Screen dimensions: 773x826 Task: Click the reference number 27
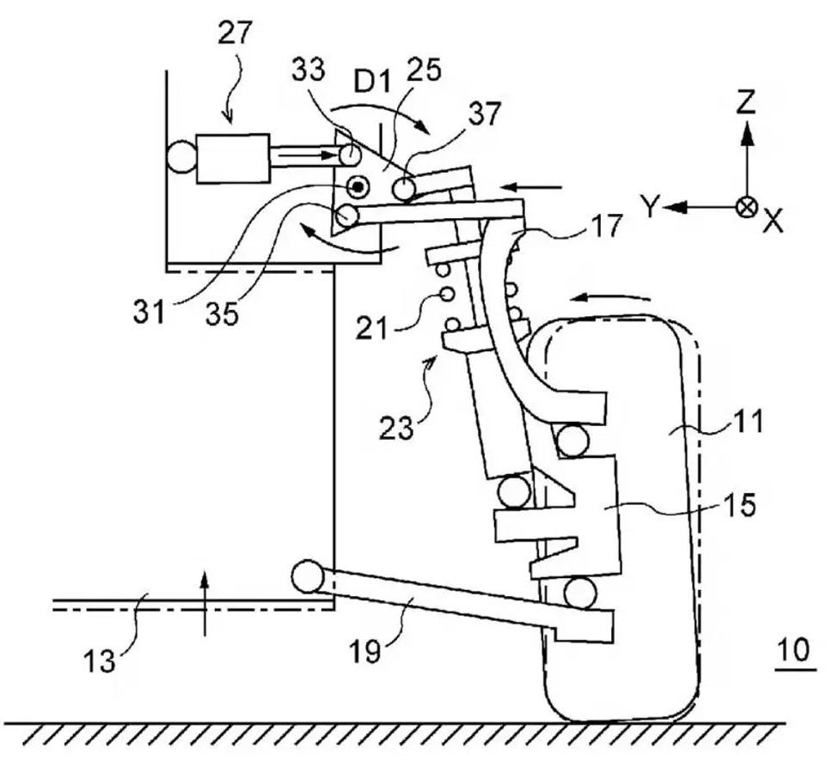point(236,32)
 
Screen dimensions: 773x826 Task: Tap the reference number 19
point(364,654)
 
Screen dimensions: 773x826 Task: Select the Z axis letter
point(747,103)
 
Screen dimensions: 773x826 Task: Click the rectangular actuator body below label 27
point(231,157)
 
